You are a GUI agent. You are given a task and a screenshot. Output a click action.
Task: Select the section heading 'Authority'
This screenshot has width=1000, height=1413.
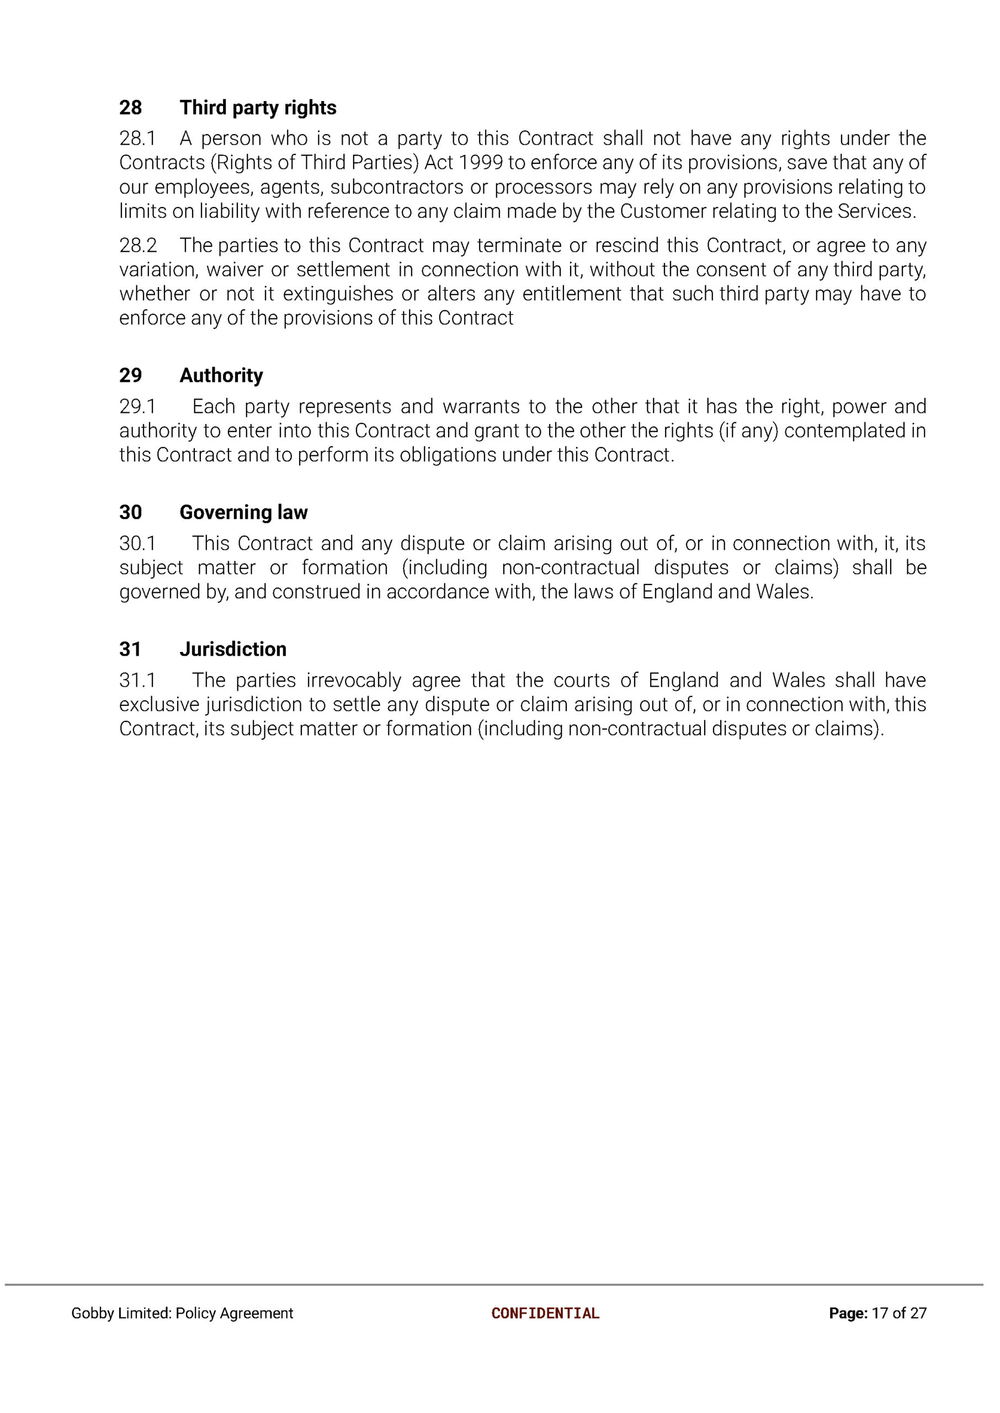[221, 375]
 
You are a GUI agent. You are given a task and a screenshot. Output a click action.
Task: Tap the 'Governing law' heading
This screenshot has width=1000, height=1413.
[243, 512]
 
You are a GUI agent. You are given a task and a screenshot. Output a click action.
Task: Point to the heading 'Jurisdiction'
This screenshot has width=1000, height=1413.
[233, 649]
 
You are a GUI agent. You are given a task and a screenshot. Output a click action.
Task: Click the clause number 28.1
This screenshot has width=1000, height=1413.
[137, 139]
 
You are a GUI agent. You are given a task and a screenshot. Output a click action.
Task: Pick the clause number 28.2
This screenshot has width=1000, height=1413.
[138, 246]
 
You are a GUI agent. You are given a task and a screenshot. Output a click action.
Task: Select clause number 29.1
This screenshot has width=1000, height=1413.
[137, 406]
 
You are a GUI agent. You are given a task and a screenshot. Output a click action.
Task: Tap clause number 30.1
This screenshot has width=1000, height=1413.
[137, 543]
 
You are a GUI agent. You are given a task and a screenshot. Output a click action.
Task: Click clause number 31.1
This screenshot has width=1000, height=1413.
[137, 681]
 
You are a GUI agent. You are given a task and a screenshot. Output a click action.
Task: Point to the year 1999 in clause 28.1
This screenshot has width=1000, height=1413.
[481, 162]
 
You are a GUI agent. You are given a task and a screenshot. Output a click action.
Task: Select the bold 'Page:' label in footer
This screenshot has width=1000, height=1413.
[848, 1313]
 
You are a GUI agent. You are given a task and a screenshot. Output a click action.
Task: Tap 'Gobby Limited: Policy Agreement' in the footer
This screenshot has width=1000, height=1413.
[182, 1313]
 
